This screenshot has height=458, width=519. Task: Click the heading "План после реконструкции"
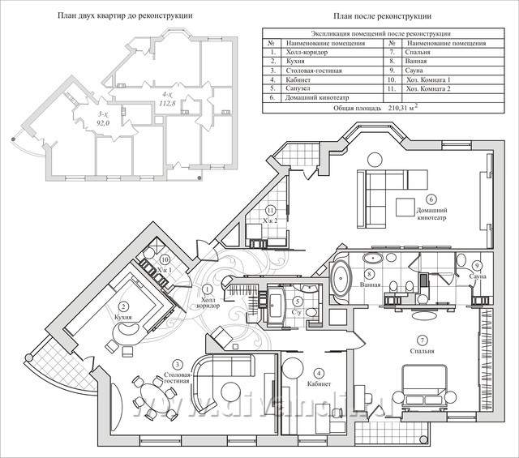click(x=384, y=15)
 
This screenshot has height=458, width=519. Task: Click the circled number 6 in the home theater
click(x=431, y=199)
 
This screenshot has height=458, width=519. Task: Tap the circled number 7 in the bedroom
click(x=421, y=338)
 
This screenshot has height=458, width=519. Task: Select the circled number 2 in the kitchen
click(x=124, y=307)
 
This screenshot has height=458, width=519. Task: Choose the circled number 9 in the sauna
click(x=478, y=266)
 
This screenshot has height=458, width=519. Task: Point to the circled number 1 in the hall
click(x=207, y=289)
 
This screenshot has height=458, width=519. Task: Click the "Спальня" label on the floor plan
click(x=422, y=351)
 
